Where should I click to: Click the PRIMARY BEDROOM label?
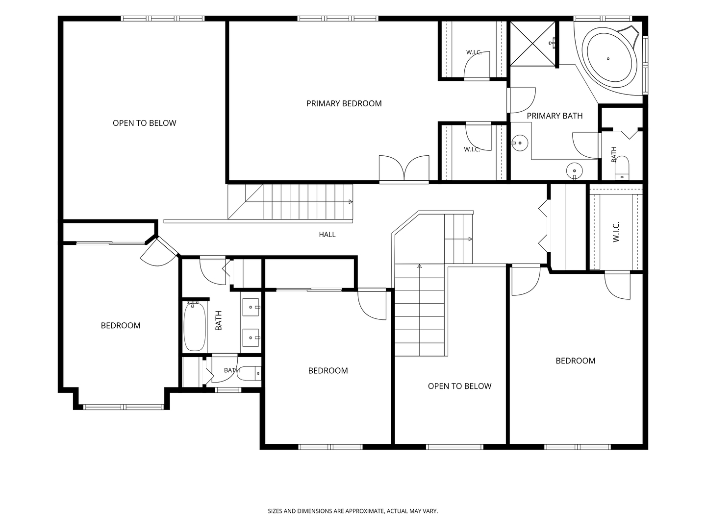[x=344, y=103]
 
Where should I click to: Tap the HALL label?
[x=327, y=235]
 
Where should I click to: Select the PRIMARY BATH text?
[x=555, y=116]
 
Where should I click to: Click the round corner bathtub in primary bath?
[x=611, y=58]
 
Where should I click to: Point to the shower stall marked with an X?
[x=532, y=44]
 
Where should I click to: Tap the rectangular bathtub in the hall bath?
[x=195, y=327]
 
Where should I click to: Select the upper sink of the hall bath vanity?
[x=251, y=307]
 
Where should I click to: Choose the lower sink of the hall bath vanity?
[x=251, y=337]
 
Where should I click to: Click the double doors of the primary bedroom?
[x=404, y=168]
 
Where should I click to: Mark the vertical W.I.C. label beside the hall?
[x=616, y=232]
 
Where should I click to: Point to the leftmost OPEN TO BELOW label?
[x=145, y=123]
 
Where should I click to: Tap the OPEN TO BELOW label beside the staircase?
[x=459, y=386]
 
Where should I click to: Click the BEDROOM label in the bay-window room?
[x=121, y=325]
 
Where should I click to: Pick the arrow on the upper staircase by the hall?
[x=351, y=202]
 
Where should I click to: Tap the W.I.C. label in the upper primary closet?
[x=474, y=52]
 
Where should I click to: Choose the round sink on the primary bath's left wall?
[x=519, y=143]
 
